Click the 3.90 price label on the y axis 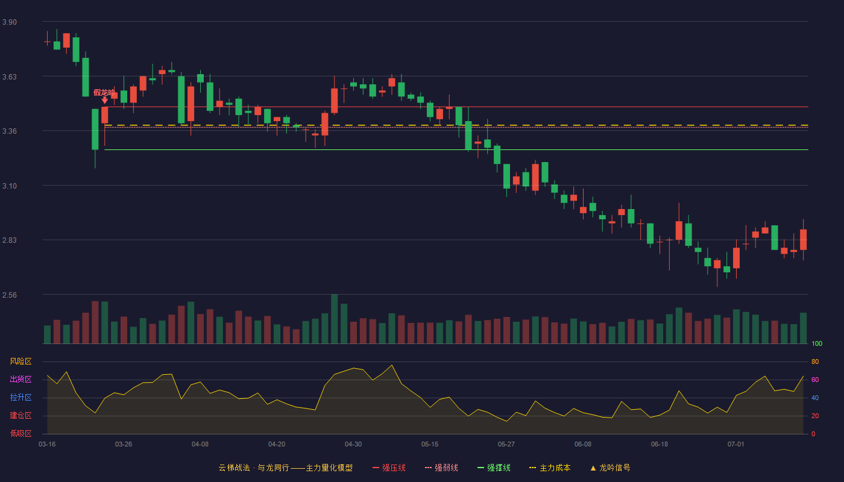10,22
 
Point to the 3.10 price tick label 10,186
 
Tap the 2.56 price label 10,295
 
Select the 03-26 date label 124,445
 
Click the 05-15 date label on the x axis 430,445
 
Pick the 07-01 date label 736,445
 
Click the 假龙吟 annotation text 104,93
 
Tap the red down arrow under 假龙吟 105,100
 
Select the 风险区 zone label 20,361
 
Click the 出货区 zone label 20,379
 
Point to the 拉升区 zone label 20,397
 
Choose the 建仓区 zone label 20,415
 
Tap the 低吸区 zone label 20,433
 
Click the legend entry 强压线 389,468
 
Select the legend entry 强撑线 494,468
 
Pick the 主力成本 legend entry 550,468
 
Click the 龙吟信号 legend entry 610,468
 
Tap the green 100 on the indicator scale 817,343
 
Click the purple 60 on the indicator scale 815,380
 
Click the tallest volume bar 334,319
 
